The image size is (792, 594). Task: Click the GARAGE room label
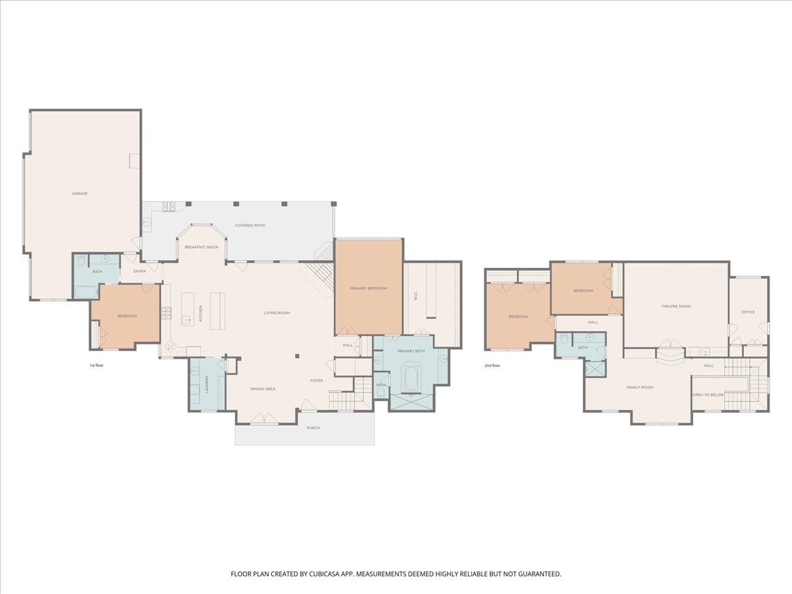click(x=80, y=193)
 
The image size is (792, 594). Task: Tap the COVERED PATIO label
click(x=250, y=226)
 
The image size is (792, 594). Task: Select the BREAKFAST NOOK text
click(x=201, y=247)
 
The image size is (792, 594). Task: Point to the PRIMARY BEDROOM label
click(x=368, y=288)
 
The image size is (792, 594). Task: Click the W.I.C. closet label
click(x=416, y=296)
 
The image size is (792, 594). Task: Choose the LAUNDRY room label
click(x=207, y=384)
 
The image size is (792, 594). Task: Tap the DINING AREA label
click(x=263, y=389)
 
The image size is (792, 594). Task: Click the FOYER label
click(x=316, y=381)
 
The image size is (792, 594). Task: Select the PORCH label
click(x=313, y=428)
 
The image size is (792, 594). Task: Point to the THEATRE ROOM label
click(x=676, y=306)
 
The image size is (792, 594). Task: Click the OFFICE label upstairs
click(x=748, y=312)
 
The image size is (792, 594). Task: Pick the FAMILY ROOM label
click(x=640, y=387)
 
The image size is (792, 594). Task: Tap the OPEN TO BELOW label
click(x=708, y=395)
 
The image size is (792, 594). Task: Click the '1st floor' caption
click(x=96, y=366)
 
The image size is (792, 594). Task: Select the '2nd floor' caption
click(x=492, y=366)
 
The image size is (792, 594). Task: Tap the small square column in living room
click(x=297, y=356)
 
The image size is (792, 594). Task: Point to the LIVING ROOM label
click(x=277, y=313)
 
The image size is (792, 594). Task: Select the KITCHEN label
click(x=201, y=313)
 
